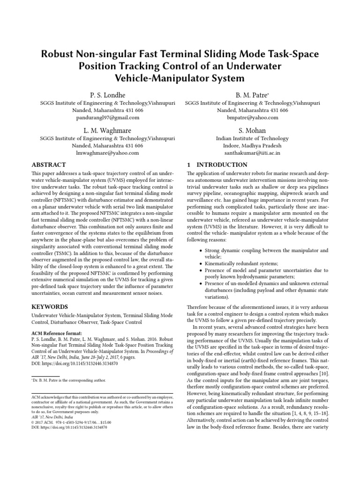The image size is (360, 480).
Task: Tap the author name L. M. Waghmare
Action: pos(107,130)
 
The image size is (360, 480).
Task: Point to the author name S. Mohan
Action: pos(253,130)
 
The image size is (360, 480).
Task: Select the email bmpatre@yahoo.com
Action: pos(253,118)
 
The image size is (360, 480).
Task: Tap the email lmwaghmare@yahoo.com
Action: pos(107,153)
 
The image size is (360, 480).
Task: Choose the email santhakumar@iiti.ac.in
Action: pos(253,153)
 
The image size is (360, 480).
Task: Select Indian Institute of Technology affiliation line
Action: pos(253,138)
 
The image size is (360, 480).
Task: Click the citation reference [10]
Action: pos(324,373)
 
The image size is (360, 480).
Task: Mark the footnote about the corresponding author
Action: pos(69,380)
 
